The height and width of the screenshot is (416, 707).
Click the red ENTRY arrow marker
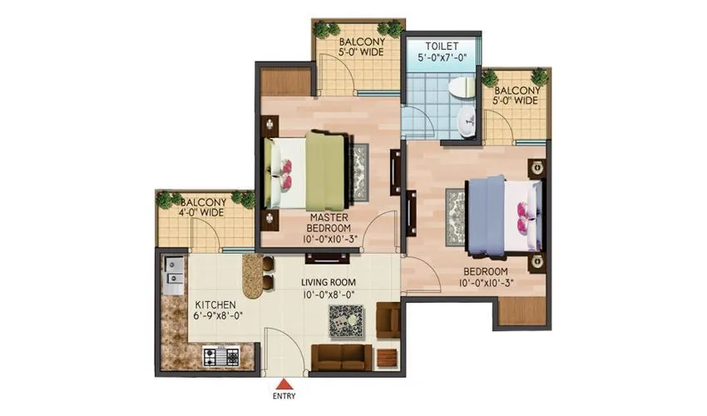(x=284, y=384)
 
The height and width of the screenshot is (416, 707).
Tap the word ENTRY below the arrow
(x=284, y=397)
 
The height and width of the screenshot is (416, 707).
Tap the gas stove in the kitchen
(x=220, y=358)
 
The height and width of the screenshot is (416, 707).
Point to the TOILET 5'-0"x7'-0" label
(x=441, y=52)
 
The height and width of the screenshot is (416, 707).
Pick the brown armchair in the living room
(x=388, y=320)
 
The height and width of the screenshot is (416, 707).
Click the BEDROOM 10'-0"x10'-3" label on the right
(x=487, y=278)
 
